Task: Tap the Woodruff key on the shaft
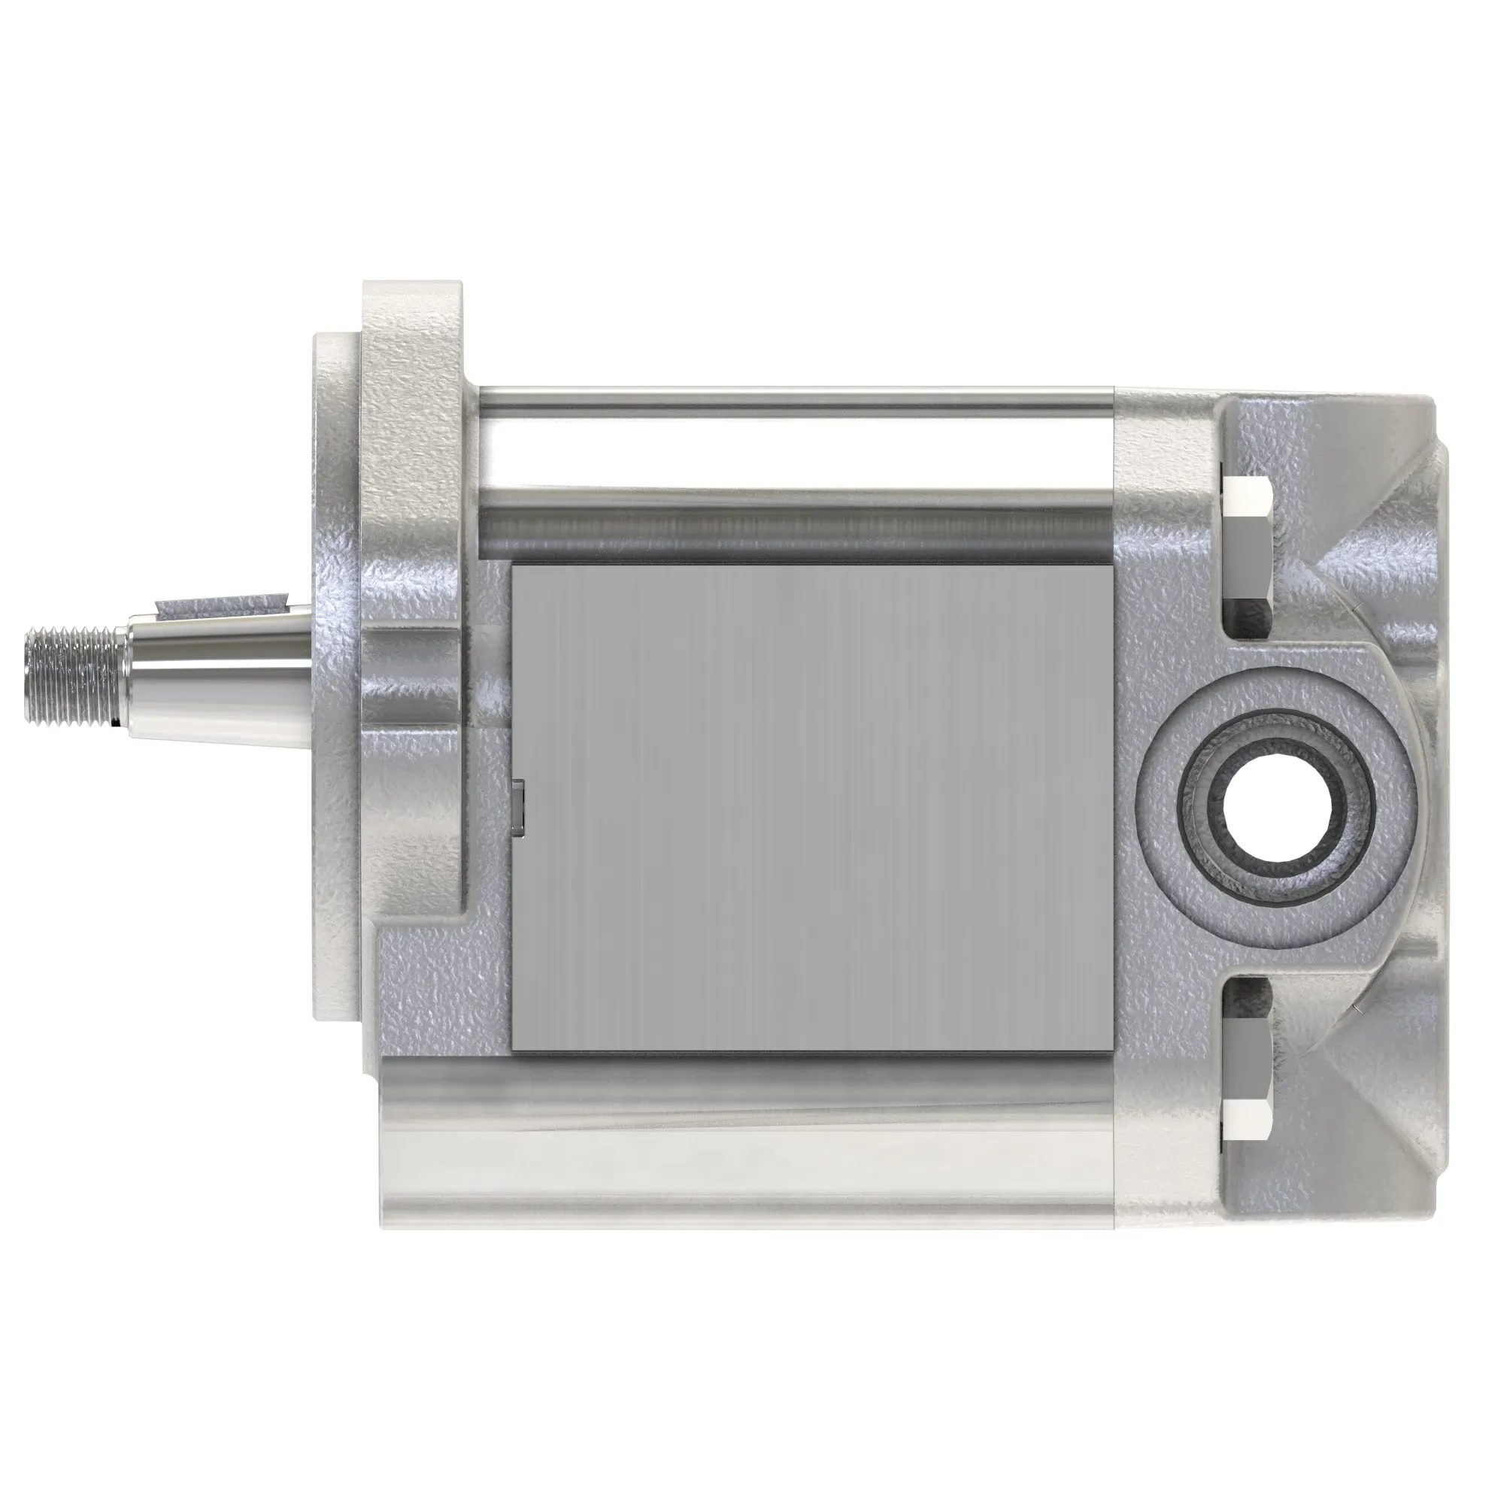pyautogui.click(x=222, y=603)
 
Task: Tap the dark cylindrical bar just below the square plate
pyautogui.click(x=747, y=1075)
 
